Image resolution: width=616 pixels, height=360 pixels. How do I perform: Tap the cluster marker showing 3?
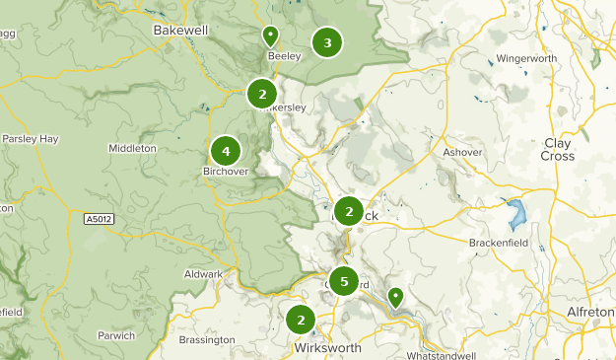pyautogui.click(x=327, y=42)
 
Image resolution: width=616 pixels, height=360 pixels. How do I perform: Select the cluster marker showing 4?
pyautogui.click(x=226, y=152)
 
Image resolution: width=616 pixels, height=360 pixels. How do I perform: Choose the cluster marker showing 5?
pyautogui.click(x=343, y=282)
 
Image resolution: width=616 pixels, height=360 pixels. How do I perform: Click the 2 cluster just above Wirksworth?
pyautogui.click(x=301, y=320)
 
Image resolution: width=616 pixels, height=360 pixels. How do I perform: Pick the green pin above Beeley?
pyautogui.click(x=270, y=36)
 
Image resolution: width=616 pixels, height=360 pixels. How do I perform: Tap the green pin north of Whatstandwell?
pyautogui.click(x=395, y=296)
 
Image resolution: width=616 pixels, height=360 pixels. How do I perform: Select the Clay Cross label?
pyautogui.click(x=558, y=150)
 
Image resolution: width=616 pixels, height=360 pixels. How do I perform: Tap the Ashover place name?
pyautogui.click(x=462, y=152)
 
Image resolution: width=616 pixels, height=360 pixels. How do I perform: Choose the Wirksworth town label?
pyautogui.click(x=327, y=348)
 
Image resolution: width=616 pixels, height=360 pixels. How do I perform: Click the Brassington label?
pyautogui.click(x=207, y=340)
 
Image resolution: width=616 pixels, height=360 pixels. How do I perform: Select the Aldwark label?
pyautogui.click(x=204, y=274)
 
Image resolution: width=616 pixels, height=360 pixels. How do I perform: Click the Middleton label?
pyautogui.click(x=132, y=149)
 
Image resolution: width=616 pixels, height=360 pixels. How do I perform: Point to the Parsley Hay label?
pyautogui.click(x=33, y=138)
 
